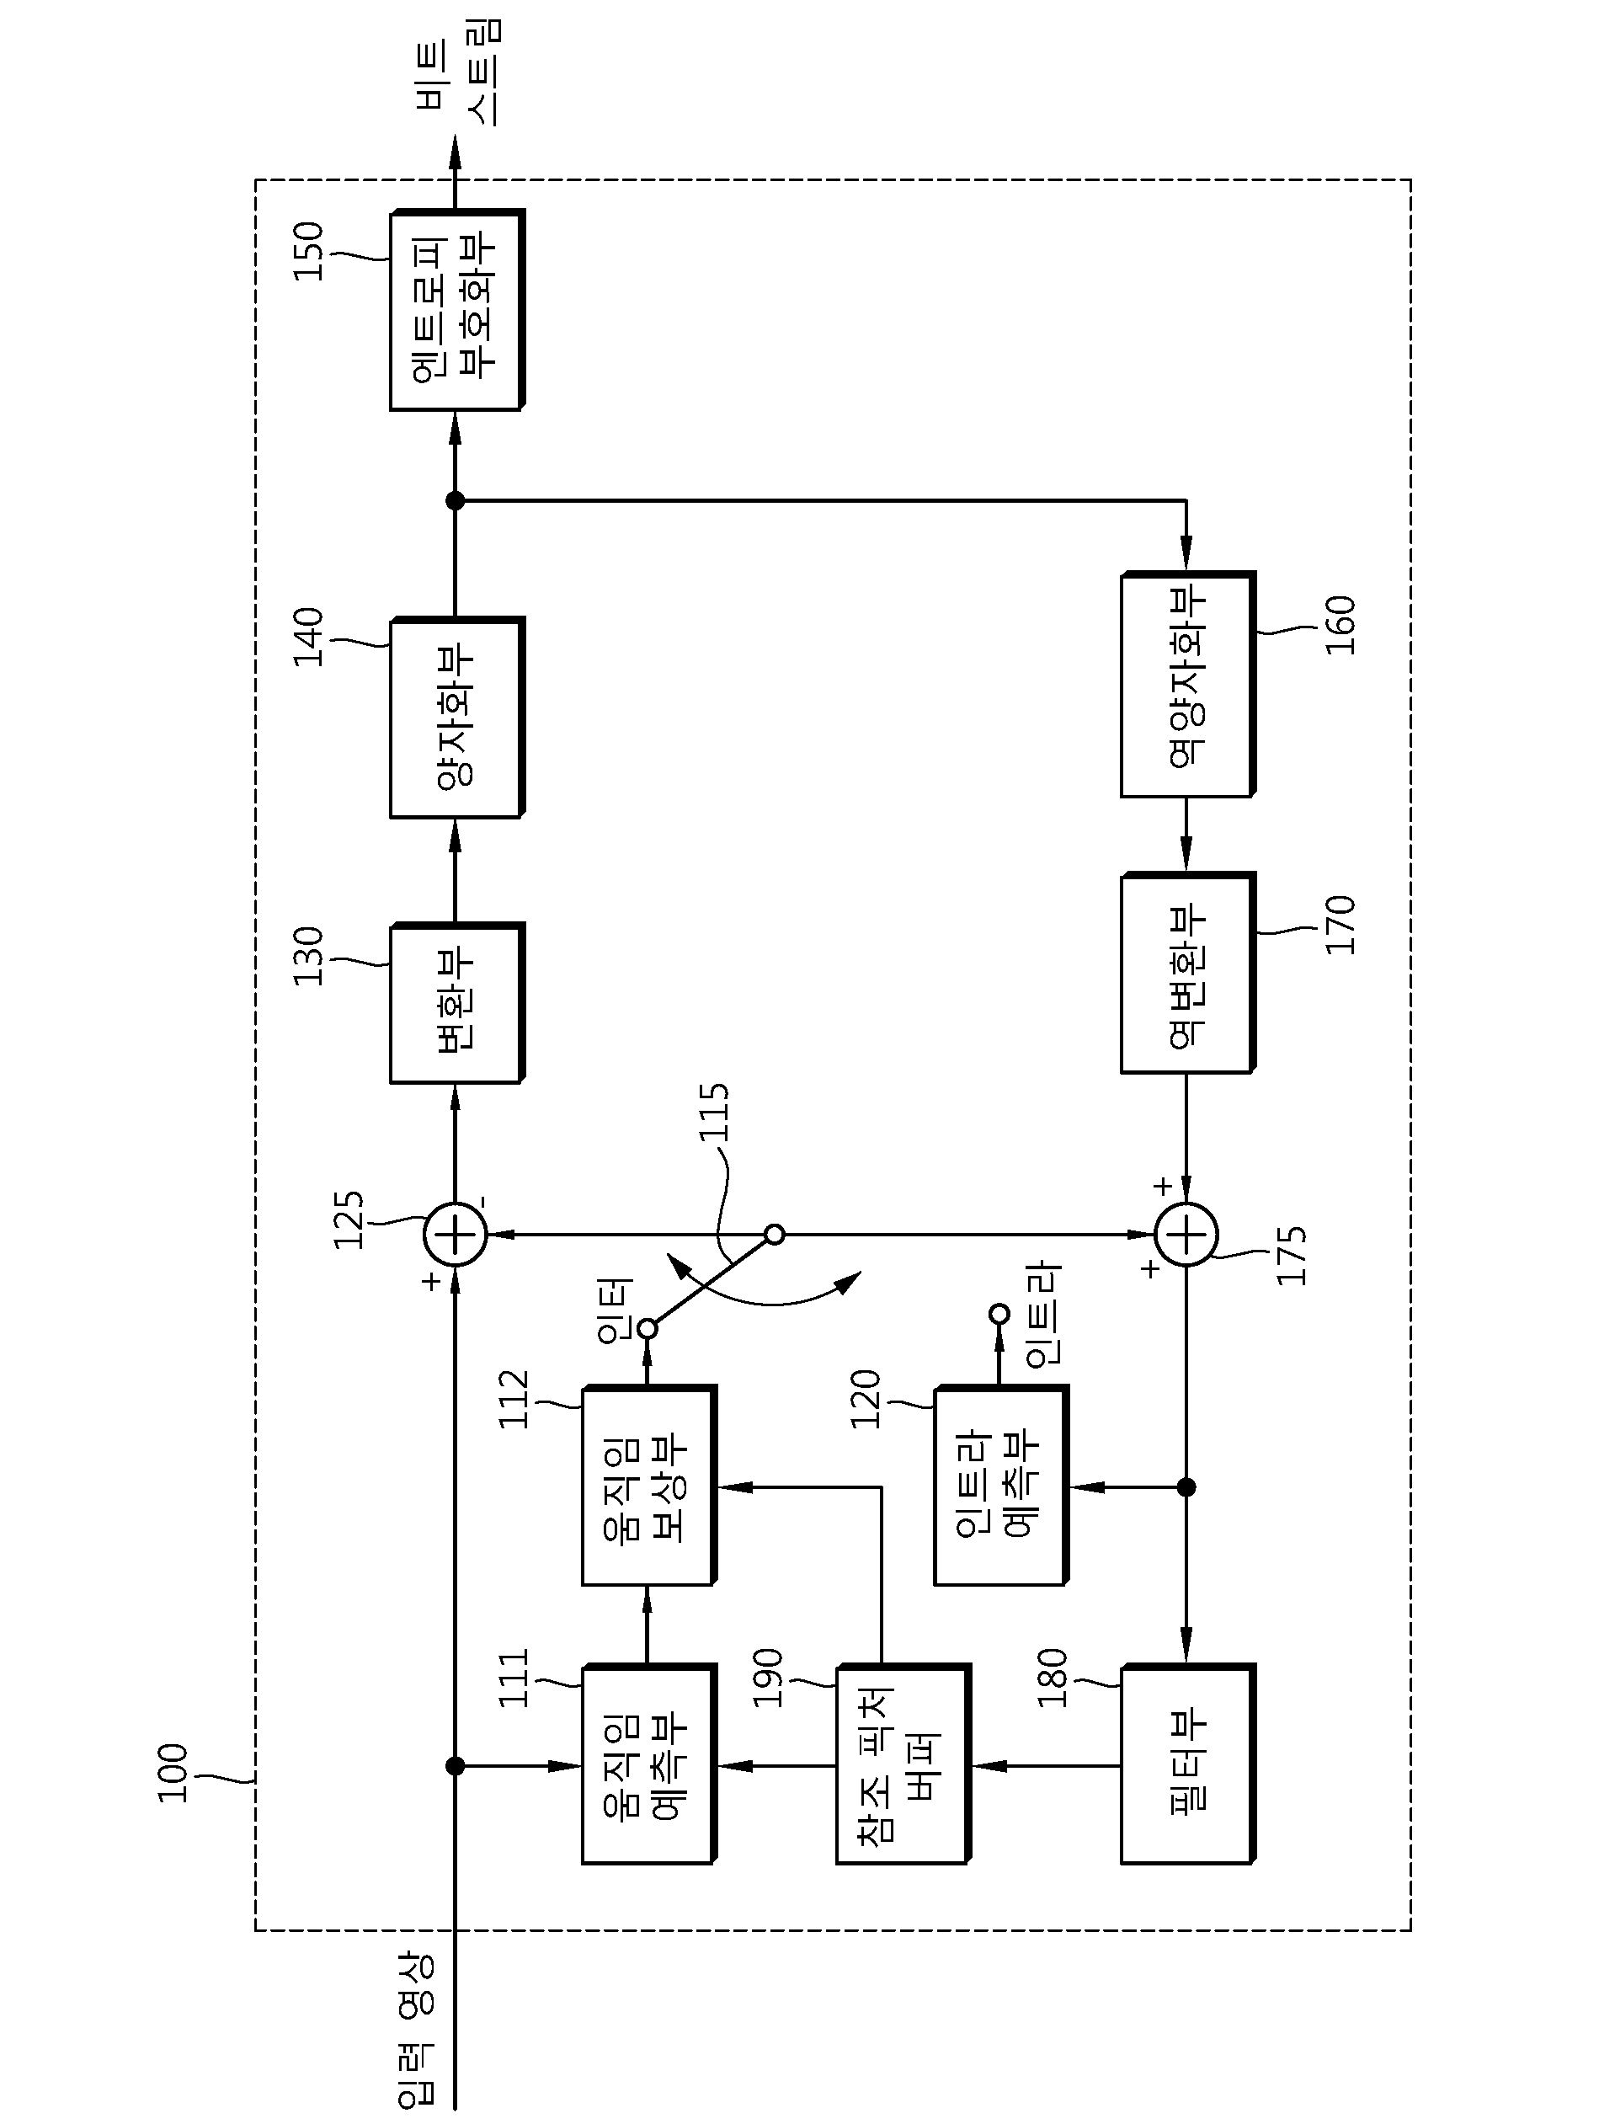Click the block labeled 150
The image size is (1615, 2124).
pos(456,310)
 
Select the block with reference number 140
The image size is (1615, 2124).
pos(456,718)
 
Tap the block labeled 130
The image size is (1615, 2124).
pos(456,1003)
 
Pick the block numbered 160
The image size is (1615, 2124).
pos(1188,685)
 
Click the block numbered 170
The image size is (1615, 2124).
pos(1188,972)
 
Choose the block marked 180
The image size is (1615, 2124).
pos(1188,1764)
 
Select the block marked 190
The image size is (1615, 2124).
pos(903,1764)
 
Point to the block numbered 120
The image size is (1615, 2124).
pos(1000,1485)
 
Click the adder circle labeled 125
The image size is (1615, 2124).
pos(456,1234)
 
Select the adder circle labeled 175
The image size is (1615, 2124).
pos(1186,1234)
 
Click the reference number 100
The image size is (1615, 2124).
pos(173,1772)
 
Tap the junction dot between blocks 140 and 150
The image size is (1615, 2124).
pos(456,501)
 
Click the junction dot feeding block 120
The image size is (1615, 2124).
pos(1186,1487)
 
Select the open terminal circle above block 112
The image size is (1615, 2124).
pos(648,1329)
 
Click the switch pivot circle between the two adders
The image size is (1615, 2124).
pos(775,1234)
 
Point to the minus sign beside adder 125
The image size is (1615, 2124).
pos(482,1202)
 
